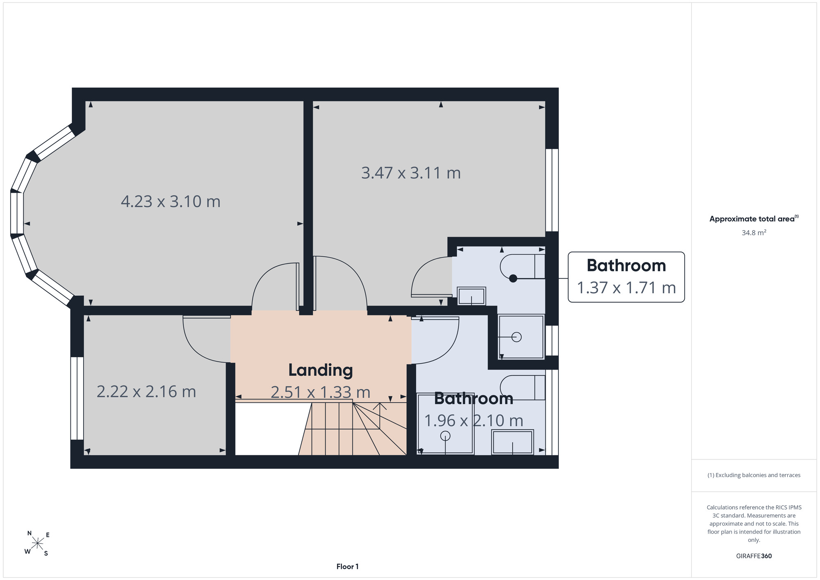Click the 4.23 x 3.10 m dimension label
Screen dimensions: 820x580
(171, 201)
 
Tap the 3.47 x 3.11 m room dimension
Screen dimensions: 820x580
(411, 173)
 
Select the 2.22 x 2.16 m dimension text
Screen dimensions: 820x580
(146, 391)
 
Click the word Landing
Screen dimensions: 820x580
(321, 370)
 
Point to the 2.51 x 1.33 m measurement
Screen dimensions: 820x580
(321, 392)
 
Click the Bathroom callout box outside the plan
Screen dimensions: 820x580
(626, 277)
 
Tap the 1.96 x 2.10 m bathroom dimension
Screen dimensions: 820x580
(474, 420)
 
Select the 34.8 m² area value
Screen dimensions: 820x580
(754, 233)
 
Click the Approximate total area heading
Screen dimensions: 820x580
(754, 219)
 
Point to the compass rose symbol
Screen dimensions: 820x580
(38, 543)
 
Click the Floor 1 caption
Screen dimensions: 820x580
(347, 566)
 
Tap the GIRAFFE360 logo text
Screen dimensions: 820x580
(754, 556)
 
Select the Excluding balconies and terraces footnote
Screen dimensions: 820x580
(754, 475)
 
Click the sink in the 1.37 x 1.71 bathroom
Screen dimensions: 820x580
(471, 296)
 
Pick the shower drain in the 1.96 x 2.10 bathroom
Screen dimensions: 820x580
(445, 436)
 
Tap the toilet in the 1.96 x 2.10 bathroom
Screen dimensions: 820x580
(522, 387)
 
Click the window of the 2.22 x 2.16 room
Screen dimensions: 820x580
(77, 398)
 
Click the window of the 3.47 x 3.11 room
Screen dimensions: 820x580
(552, 190)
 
